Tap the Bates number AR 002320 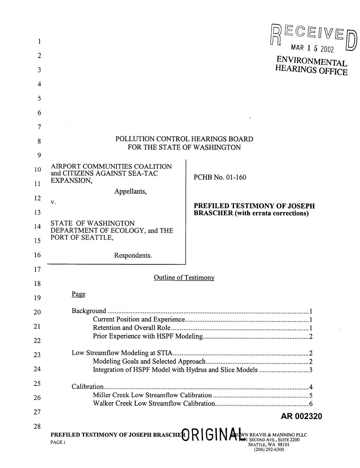301,416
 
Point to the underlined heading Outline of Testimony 184,278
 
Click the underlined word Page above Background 78,294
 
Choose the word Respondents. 133,255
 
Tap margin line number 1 39,42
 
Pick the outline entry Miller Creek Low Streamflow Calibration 152,395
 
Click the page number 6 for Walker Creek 311,404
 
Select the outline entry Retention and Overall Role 132,328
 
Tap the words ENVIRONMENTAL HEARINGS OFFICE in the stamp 312,66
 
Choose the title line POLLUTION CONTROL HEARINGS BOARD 184,139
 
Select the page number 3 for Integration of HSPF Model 311,370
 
